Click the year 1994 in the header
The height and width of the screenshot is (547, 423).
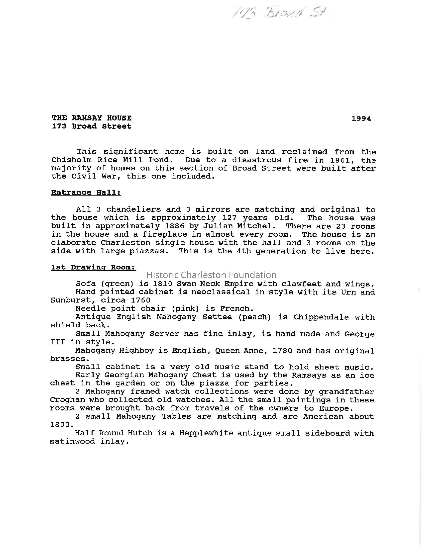pyautogui.click(x=361, y=119)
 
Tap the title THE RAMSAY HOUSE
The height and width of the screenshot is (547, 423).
pyautogui.click(x=91, y=118)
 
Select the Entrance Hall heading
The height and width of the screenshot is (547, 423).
pyautogui.click(x=86, y=193)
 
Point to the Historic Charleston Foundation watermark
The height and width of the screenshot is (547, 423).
pyautogui.click(x=211, y=275)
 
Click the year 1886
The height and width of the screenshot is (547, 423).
pyautogui.click(x=174, y=226)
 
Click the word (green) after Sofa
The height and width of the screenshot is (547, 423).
pyautogui.click(x=117, y=284)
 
